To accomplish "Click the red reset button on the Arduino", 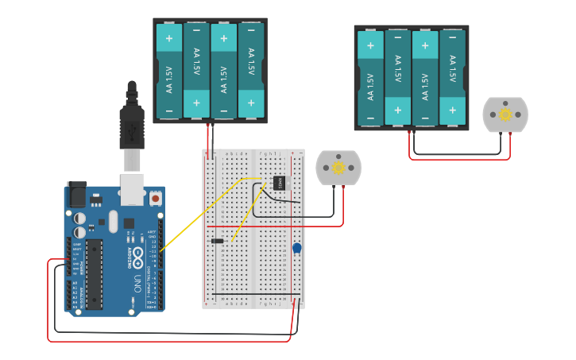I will (156, 197).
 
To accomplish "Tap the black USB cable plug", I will (132, 127).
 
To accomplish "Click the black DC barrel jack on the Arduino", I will (76, 195).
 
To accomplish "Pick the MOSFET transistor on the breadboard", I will (280, 182).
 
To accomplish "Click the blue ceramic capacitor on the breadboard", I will (296, 248).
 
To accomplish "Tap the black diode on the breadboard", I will (217, 241).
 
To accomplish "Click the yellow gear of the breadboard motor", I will (338, 168).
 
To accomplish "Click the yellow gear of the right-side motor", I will (505, 114).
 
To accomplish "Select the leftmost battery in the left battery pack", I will (169, 72).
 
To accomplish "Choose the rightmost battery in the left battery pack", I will (251, 72).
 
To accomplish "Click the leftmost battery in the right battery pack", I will (370, 78).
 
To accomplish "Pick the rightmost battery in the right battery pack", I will (453, 78).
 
